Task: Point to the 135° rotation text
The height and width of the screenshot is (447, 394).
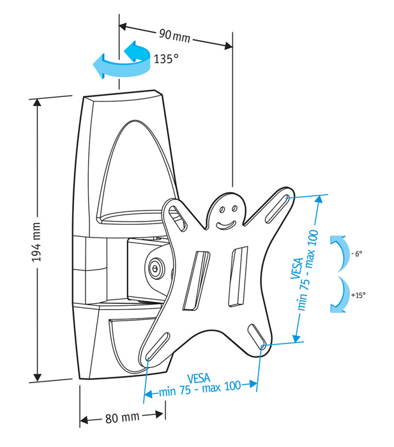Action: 165,59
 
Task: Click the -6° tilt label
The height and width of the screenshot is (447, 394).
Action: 357,254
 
